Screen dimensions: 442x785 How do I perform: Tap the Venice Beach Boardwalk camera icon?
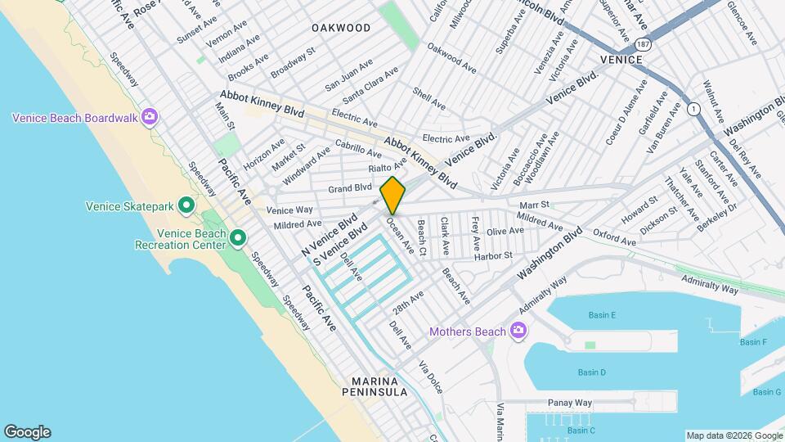pyautogui.click(x=150, y=117)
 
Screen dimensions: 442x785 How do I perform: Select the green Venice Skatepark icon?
pyautogui.click(x=186, y=205)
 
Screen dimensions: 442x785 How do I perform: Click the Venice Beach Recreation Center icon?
pyautogui.click(x=238, y=238)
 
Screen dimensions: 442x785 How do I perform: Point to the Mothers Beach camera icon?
pyautogui.click(x=517, y=331)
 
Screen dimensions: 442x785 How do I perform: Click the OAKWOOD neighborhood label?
pyautogui.click(x=341, y=28)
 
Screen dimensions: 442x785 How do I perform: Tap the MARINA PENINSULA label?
pyautogui.click(x=379, y=386)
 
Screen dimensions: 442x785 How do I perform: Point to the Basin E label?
pyautogui.click(x=602, y=316)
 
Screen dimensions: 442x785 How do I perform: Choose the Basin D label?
pyautogui.click(x=592, y=372)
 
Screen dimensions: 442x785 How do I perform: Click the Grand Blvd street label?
pyautogui.click(x=350, y=188)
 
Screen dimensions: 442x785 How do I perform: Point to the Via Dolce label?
pyautogui.click(x=431, y=377)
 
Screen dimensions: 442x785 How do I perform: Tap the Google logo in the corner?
pyautogui.click(x=27, y=432)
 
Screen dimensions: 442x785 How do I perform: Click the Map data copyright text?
pyautogui.click(x=733, y=435)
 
